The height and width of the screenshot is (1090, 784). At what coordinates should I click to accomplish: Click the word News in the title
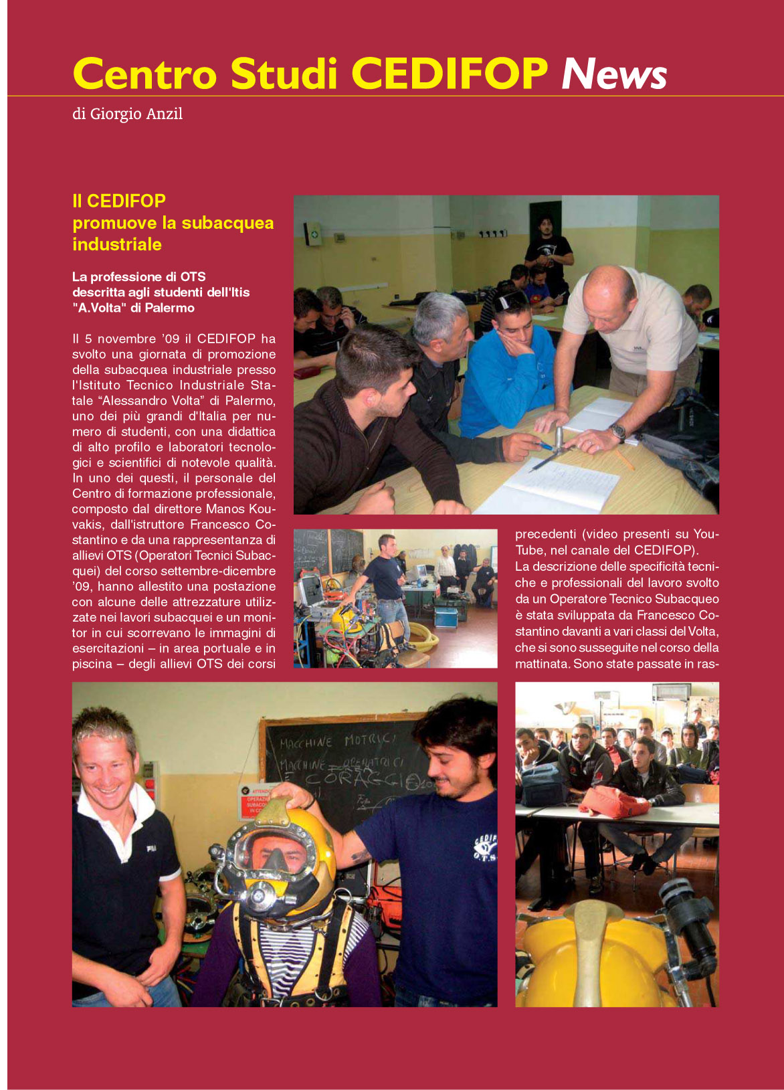click(x=613, y=74)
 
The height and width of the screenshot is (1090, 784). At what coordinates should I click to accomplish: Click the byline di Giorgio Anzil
click(x=127, y=114)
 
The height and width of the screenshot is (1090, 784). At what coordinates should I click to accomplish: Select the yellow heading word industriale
click(x=117, y=244)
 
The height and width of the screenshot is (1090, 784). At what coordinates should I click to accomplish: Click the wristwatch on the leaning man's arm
click(x=617, y=432)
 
